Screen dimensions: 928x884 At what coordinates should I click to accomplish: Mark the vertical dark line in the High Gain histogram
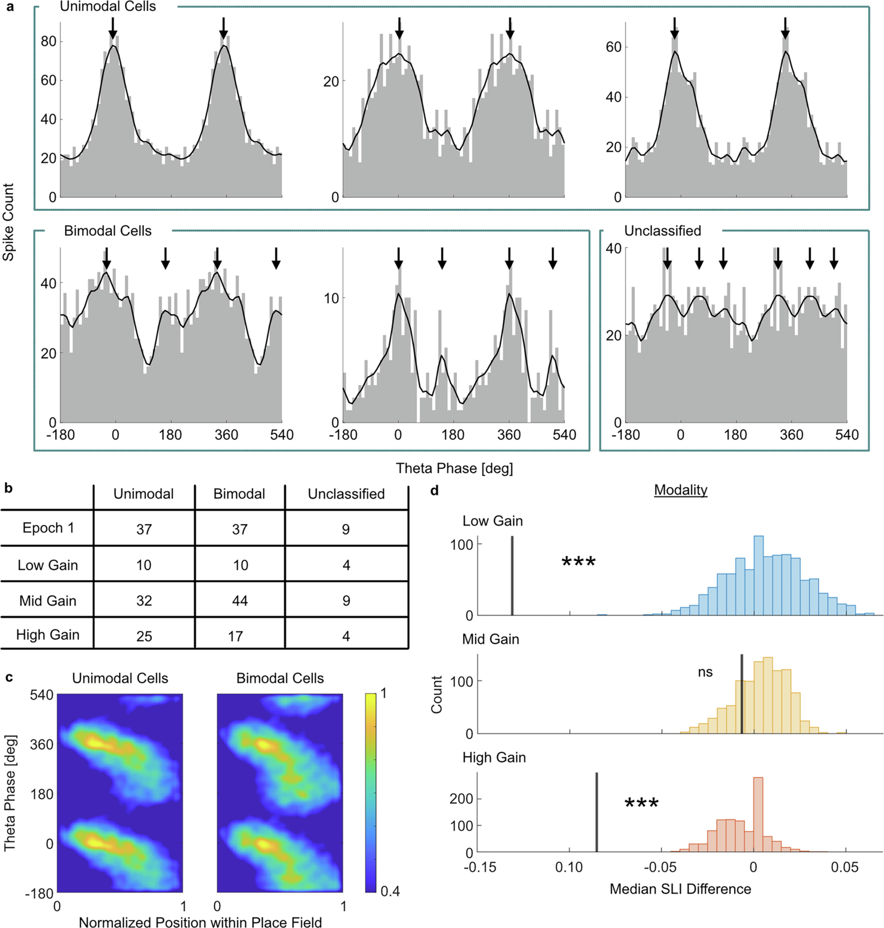597,812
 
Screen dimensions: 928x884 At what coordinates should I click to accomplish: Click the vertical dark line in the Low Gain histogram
512,576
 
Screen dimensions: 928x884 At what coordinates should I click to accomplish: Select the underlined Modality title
681,490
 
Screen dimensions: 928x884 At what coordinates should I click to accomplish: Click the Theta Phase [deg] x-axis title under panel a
454,468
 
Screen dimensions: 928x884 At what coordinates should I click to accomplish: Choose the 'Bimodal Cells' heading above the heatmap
280,678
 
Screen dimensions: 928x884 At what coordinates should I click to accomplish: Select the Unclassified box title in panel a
662,231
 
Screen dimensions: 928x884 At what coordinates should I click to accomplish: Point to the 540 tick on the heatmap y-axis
42,695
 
